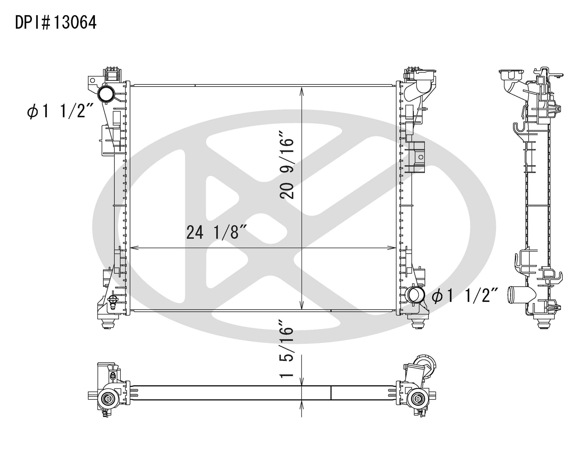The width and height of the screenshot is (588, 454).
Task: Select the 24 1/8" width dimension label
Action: point(216,233)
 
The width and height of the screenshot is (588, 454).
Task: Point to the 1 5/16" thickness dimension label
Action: point(286,349)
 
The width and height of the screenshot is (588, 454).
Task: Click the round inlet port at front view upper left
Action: point(106,94)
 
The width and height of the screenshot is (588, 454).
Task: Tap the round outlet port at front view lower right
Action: point(416,295)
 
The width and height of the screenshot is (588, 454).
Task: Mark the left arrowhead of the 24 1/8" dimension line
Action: point(134,248)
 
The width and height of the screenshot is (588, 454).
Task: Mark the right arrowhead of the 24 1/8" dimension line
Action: point(392,248)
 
